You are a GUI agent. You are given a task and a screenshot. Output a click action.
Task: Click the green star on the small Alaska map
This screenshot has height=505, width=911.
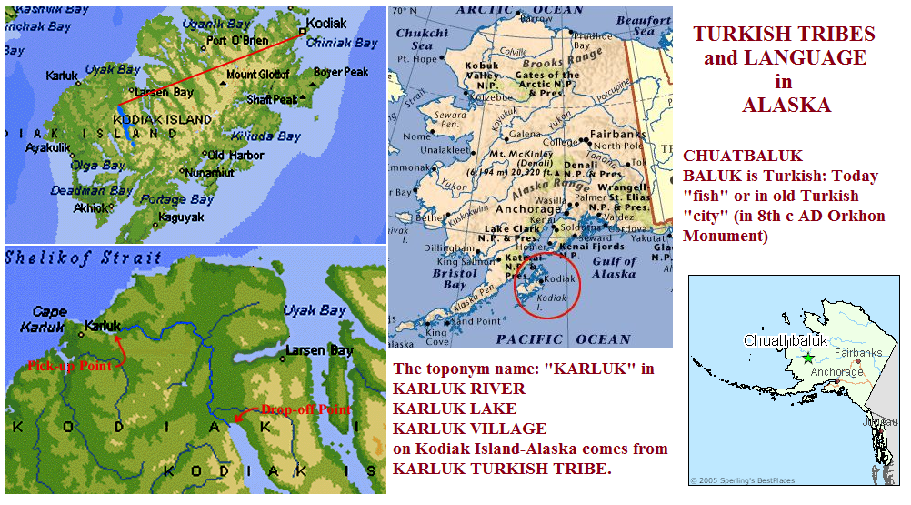(808, 359)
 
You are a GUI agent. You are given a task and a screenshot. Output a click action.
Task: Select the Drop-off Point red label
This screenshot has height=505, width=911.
(305, 409)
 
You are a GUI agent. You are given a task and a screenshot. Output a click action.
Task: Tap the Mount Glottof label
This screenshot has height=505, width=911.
(257, 75)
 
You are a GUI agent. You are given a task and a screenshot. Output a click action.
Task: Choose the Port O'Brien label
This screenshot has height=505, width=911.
(235, 41)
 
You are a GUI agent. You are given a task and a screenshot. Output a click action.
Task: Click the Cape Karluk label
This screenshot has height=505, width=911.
(50, 318)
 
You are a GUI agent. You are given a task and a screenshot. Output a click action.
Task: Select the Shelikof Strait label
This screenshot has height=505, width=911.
(83, 258)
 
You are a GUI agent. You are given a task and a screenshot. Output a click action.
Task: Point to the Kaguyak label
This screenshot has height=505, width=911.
(180, 217)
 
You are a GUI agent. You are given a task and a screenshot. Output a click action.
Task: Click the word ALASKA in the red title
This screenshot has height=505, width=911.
(786, 106)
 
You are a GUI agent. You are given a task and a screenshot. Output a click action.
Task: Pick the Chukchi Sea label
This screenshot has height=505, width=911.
(421, 39)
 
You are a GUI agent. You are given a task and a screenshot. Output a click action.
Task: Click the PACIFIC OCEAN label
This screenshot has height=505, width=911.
(564, 339)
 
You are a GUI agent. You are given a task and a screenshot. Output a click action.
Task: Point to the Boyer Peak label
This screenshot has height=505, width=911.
(341, 72)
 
